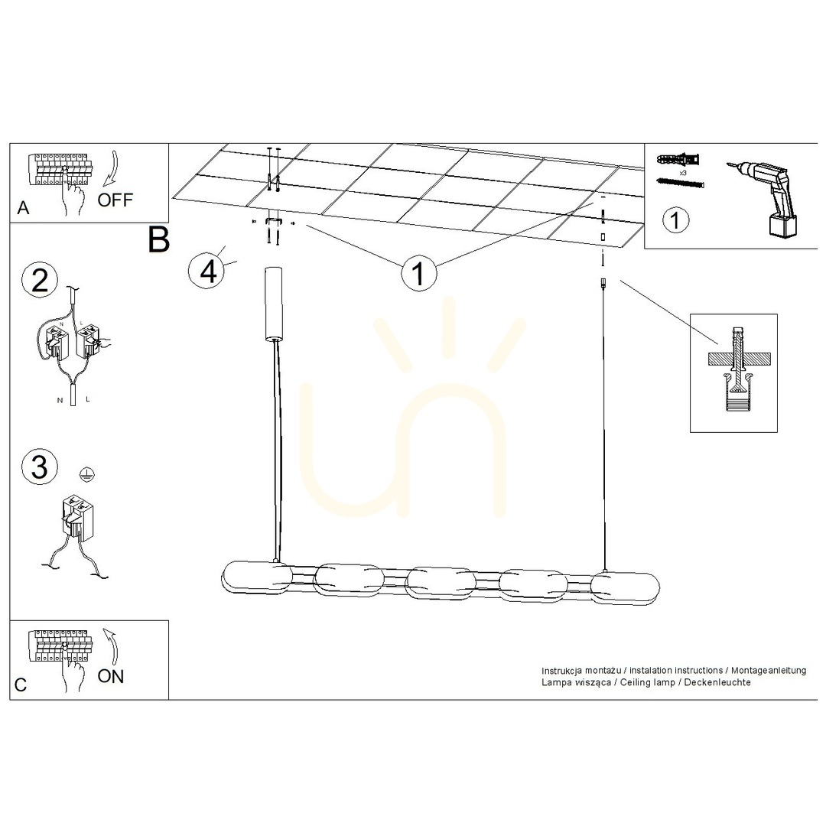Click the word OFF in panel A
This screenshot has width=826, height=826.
click(x=115, y=200)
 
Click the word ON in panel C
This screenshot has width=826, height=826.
click(x=111, y=676)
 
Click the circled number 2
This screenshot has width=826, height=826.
click(x=40, y=280)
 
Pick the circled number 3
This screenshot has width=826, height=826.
click(x=40, y=467)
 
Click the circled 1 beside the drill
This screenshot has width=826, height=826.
click(x=675, y=220)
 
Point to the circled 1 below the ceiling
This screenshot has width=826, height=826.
click(x=419, y=273)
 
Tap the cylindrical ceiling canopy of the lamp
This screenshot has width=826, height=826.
click(x=273, y=304)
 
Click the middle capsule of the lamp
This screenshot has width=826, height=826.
click(x=441, y=584)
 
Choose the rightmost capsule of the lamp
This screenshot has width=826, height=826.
click(x=625, y=588)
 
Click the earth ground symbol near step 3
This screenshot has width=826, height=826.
click(x=86, y=473)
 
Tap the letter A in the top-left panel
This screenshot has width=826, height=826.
click(x=23, y=209)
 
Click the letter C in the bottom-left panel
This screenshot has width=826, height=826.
click(x=21, y=685)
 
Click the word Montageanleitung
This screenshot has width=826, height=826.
click(x=769, y=671)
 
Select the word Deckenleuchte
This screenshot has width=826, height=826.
click(x=717, y=682)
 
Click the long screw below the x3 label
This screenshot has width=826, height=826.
click(x=680, y=183)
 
